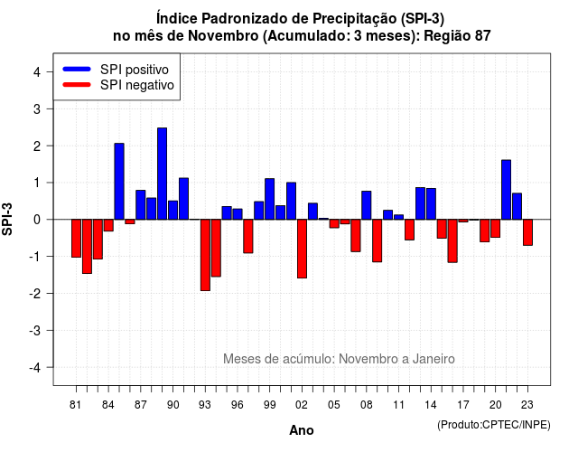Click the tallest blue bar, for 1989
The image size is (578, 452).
click(x=162, y=174)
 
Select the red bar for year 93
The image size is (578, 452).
click(x=205, y=255)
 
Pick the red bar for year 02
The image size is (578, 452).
click(x=302, y=249)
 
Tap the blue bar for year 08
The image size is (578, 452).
click(x=367, y=205)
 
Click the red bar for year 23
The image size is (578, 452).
click(x=527, y=232)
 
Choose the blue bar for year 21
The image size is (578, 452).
click(x=506, y=190)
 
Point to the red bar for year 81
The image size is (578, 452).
click(x=76, y=239)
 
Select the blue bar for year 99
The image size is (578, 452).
click(x=269, y=199)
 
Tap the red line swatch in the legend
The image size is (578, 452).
click(x=77, y=85)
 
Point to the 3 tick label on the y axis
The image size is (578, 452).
click(x=36, y=108)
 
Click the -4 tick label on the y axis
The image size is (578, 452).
click(x=35, y=367)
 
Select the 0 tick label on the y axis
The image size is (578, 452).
click(x=36, y=220)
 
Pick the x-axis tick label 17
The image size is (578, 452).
click(x=463, y=405)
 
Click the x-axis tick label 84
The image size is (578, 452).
click(x=108, y=405)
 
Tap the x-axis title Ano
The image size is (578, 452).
click(x=301, y=430)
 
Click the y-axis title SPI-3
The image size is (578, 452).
click(x=7, y=220)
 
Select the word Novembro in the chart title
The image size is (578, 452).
click(x=223, y=36)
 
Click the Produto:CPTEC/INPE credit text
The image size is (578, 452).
click(x=494, y=425)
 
